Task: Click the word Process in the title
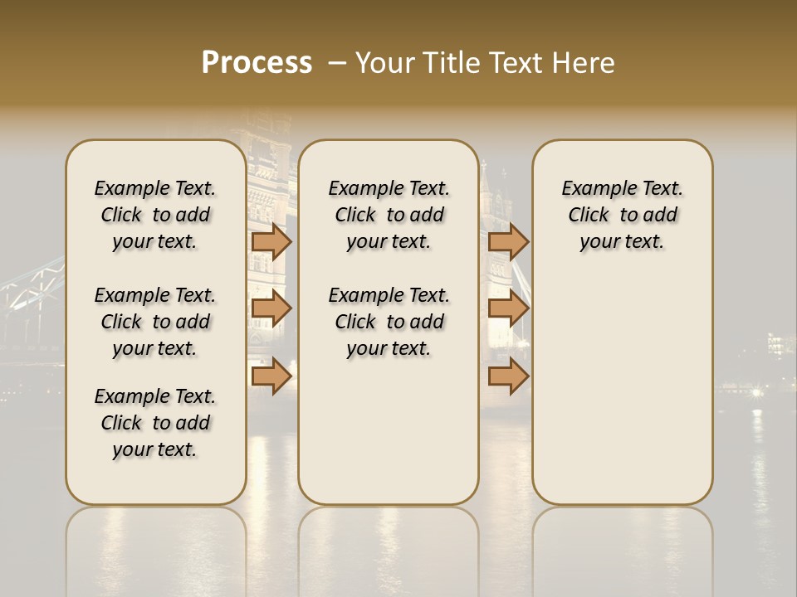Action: (257, 63)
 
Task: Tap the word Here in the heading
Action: (584, 63)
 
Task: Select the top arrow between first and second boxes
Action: (271, 241)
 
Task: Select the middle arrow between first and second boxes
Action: (271, 308)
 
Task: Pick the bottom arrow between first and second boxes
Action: (271, 376)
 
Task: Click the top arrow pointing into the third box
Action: (508, 241)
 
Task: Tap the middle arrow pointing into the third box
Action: (508, 308)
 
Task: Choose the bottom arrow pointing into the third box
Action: (508, 376)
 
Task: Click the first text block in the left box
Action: (155, 215)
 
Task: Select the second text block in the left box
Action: (155, 322)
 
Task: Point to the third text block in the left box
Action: (155, 423)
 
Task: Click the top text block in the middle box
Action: (389, 215)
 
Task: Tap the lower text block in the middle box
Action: (389, 322)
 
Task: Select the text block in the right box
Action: (622, 215)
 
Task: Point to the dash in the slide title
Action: (337, 63)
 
